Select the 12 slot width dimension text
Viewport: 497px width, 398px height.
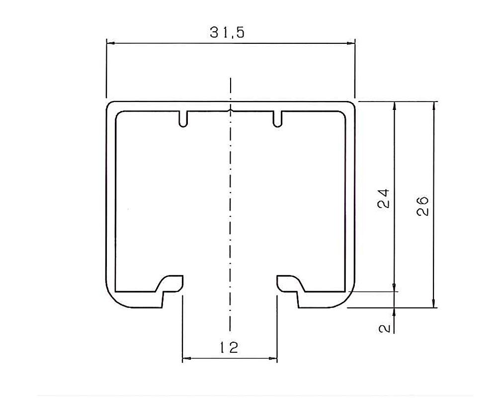(229, 347)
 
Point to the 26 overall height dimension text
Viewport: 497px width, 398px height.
(422, 205)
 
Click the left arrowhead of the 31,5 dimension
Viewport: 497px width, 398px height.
(110, 43)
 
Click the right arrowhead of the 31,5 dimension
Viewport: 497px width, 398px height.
(351, 43)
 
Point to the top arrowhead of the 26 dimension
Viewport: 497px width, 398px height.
(435, 105)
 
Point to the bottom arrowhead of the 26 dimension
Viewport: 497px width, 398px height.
(435, 304)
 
